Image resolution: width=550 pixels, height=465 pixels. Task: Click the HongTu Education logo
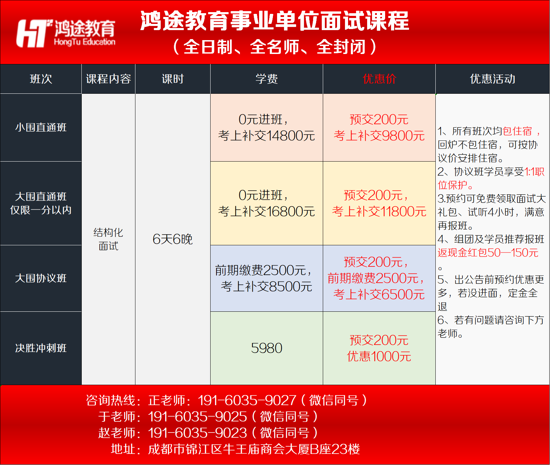[66, 33]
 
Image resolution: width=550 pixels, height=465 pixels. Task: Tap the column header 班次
[41, 79]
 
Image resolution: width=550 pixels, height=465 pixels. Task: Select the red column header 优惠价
[379, 79]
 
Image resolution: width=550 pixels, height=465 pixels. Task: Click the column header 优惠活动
[493, 79]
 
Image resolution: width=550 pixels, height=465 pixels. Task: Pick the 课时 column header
[173, 79]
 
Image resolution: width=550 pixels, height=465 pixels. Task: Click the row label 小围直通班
[41, 127]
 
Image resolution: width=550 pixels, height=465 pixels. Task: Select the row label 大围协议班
[41, 278]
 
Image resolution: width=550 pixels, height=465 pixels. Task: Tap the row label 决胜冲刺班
[41, 348]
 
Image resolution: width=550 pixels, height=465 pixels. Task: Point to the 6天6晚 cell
[172, 239]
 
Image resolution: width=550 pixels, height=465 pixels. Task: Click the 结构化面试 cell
[108, 239]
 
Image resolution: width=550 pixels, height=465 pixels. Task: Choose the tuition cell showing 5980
[267, 348]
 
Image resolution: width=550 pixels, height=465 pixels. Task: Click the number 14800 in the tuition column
[284, 136]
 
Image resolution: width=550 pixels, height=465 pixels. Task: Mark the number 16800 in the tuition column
[284, 211]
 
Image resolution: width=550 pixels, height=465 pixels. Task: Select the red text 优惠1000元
[379, 356]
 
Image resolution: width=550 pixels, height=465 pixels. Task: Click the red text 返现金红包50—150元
[488, 253]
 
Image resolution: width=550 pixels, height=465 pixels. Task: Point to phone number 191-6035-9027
[247, 400]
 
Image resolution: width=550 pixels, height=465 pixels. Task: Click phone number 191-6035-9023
[197, 433]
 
